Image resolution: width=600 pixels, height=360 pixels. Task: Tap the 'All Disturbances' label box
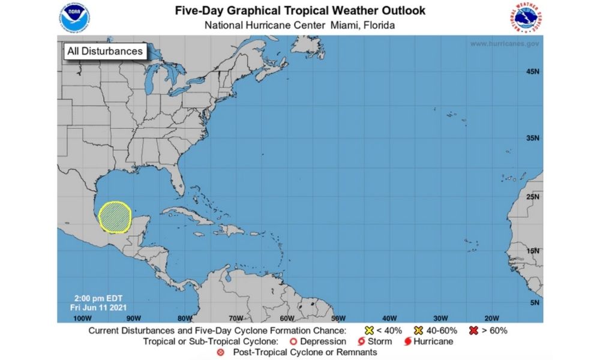point(105,51)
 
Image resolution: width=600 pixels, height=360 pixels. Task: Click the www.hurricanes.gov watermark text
point(505,44)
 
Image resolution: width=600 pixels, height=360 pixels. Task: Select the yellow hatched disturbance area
point(115,217)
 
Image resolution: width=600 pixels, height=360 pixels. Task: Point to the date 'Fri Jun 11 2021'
point(95,307)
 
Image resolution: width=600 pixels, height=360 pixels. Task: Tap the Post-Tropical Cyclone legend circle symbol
point(220,352)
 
